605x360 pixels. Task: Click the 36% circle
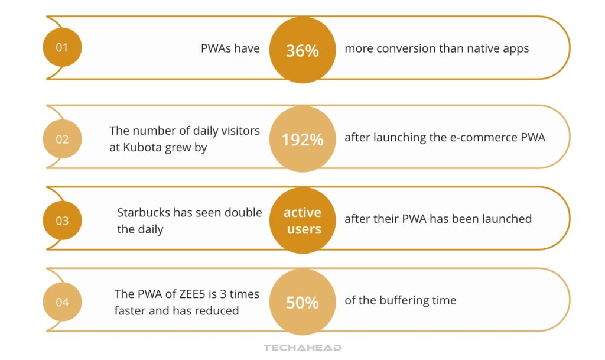point(302,50)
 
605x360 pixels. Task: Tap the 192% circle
point(302,139)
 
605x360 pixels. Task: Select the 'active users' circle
point(302,220)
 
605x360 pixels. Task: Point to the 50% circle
point(302,302)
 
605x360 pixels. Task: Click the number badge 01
point(62,47)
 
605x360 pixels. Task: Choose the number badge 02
point(62,139)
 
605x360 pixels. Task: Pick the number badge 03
point(62,220)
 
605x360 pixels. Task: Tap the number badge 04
point(62,302)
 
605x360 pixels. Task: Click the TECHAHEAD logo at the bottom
point(302,348)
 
